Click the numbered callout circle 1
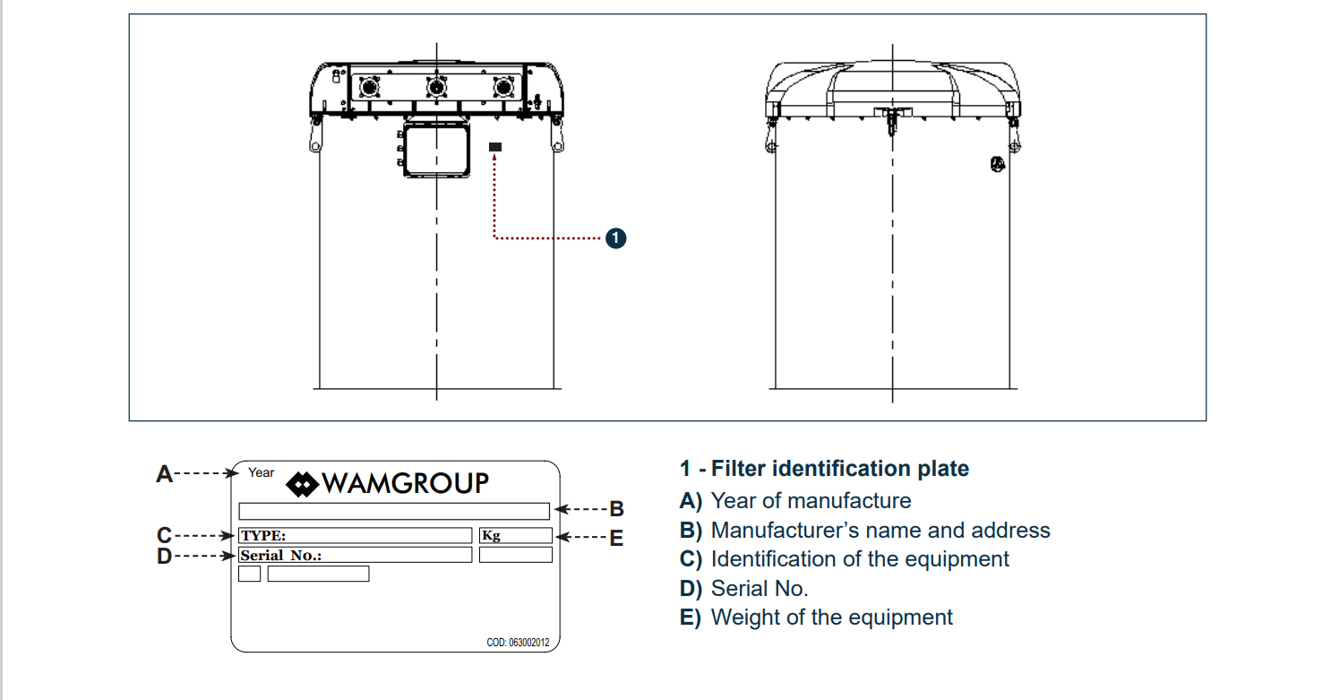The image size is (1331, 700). [615, 238]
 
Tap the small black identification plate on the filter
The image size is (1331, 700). [495, 146]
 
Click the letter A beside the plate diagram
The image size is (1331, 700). [164, 474]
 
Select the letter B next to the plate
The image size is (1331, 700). [616, 509]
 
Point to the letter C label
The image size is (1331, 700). [164, 536]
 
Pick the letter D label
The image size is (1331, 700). [164, 557]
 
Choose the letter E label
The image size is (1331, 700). [616, 539]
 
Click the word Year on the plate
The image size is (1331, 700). [261, 472]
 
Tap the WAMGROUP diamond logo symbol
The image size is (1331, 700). [303, 485]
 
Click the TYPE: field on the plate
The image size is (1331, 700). [355, 536]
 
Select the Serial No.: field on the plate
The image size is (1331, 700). [355, 556]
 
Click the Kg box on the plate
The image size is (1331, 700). [515, 536]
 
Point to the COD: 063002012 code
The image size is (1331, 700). [518, 643]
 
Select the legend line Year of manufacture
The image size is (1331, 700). [811, 501]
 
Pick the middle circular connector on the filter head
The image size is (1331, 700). [436, 87]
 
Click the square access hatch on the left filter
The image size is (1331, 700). [436, 150]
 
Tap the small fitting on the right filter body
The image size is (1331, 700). [997, 164]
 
